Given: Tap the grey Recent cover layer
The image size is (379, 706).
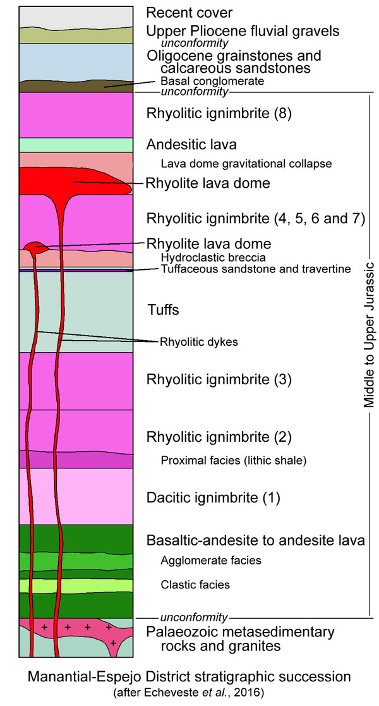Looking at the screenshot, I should point(76,16).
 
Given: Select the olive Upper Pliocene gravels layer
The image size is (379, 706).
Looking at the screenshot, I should point(76,35).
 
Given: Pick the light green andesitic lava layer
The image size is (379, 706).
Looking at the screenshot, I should point(76,145).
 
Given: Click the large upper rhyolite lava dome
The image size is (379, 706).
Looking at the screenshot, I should point(69,182).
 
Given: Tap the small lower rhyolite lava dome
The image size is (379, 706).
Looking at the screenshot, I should point(35,246).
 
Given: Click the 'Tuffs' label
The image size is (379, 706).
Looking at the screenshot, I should point(162,310).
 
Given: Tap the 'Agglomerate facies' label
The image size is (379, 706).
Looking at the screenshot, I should point(210,560).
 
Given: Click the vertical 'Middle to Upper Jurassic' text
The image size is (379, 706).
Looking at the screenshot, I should point(369,335).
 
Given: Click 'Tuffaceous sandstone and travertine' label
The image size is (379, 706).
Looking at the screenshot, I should point(255,270).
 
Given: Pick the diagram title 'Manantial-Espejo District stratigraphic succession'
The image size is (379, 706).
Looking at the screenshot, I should point(189,677).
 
